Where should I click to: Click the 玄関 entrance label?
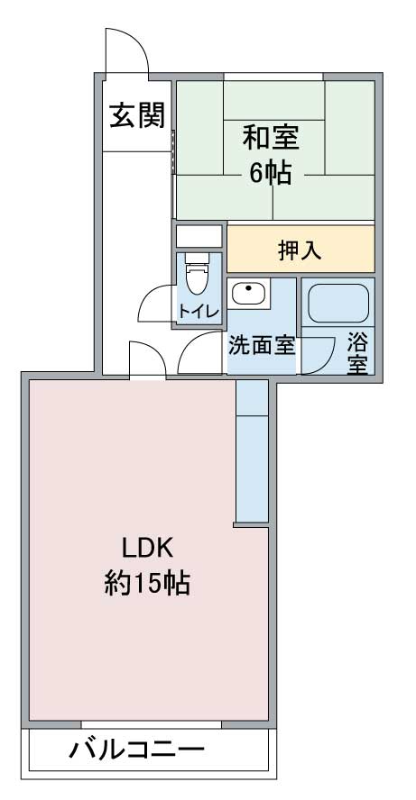click(138, 115)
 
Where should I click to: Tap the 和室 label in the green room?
click(271, 138)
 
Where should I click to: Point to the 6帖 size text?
click(271, 174)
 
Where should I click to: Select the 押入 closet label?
click(300, 250)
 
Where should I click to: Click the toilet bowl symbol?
click(199, 274)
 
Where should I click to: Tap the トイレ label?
click(199, 311)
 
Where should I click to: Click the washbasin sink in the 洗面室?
click(249, 294)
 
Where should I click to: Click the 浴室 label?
click(357, 353)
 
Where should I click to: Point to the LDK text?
click(148, 549)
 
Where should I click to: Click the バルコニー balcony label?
click(137, 750)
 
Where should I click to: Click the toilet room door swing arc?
click(149, 295)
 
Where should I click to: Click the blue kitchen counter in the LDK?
click(252, 451)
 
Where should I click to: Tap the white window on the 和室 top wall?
click(274, 77)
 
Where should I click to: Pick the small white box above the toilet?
click(199, 236)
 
